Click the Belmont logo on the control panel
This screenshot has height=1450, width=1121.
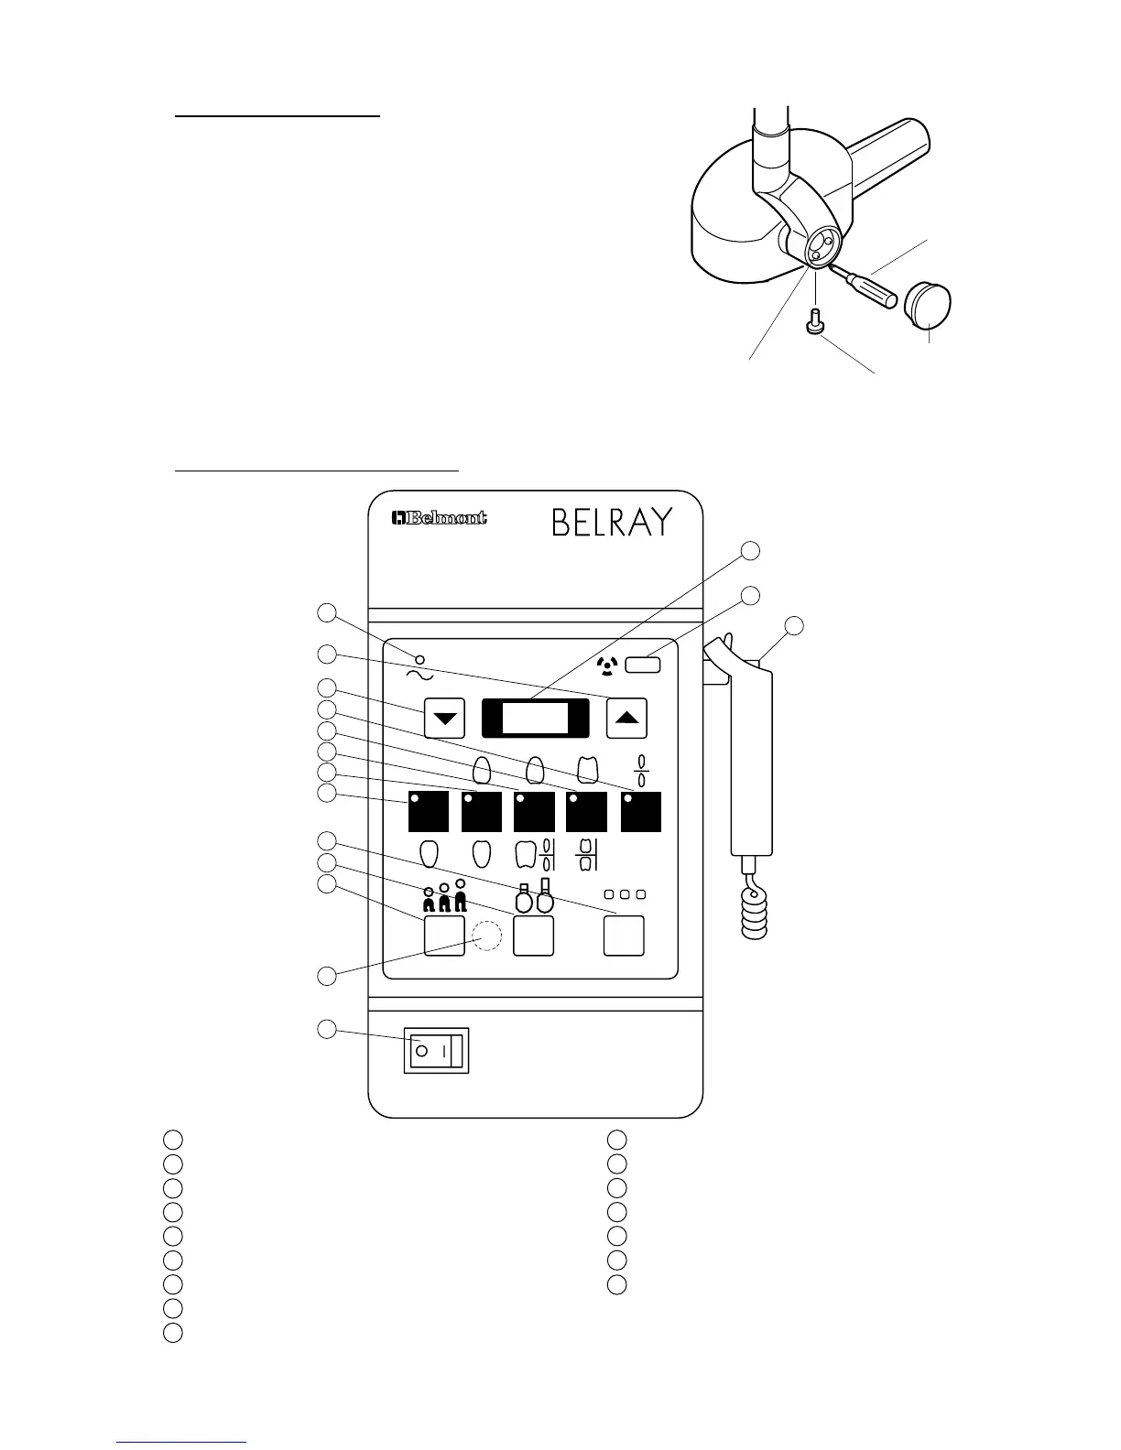click(x=439, y=519)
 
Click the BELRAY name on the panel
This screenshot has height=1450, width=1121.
click(x=612, y=523)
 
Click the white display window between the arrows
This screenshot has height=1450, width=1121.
click(x=536, y=718)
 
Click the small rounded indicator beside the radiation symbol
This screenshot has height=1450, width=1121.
click(x=643, y=665)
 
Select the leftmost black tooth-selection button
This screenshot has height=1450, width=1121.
click(x=429, y=812)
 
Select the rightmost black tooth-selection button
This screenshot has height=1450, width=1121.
click(x=641, y=812)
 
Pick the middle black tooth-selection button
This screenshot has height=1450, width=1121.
click(x=535, y=812)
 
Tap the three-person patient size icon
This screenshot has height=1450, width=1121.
click(x=444, y=897)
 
